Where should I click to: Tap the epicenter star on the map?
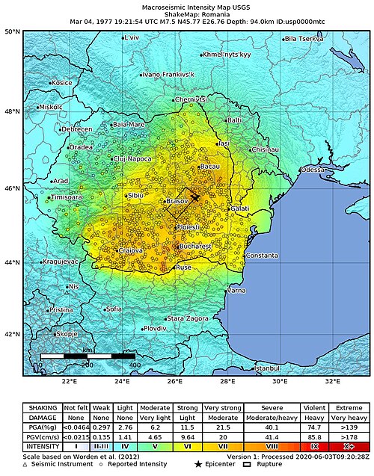195,197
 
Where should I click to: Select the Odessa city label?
314,170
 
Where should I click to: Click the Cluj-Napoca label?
133,158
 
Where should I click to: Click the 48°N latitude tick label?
11,111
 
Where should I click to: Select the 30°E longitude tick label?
280,381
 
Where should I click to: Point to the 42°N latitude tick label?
11,334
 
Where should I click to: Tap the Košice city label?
61,83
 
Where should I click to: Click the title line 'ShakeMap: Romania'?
184,15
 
